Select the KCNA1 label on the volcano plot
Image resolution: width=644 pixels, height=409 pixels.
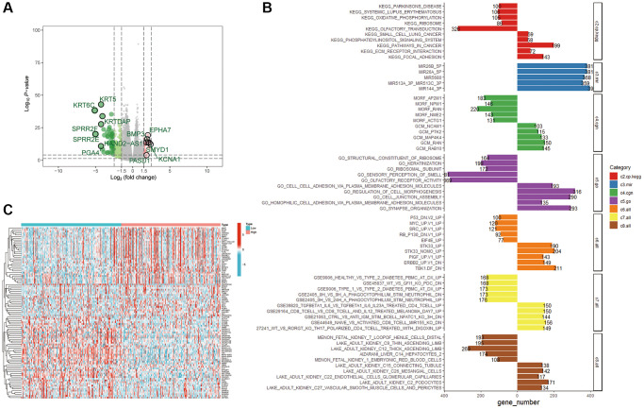point(170,160)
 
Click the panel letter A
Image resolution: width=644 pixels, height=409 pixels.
point(7,8)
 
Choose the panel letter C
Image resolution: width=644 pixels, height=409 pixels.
point(8,210)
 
